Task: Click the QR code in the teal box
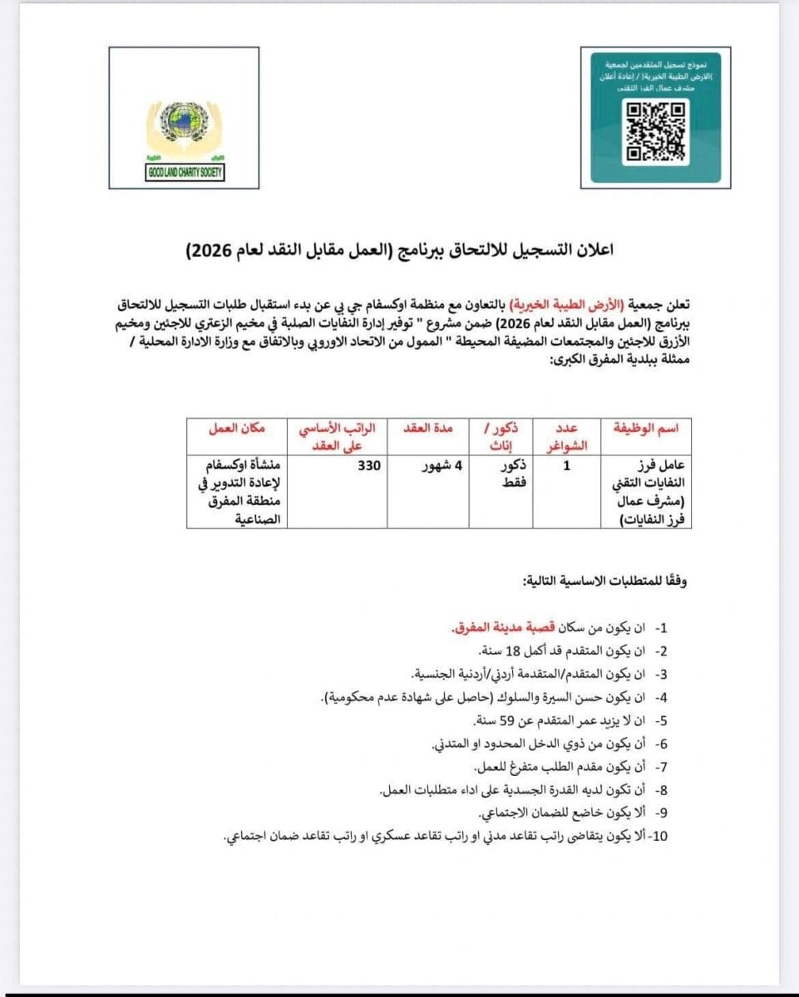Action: (x=656, y=130)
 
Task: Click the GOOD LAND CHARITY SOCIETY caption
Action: (x=185, y=173)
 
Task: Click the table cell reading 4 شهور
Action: (x=441, y=465)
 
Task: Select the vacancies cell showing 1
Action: (x=566, y=466)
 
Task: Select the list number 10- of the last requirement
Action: (x=657, y=835)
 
